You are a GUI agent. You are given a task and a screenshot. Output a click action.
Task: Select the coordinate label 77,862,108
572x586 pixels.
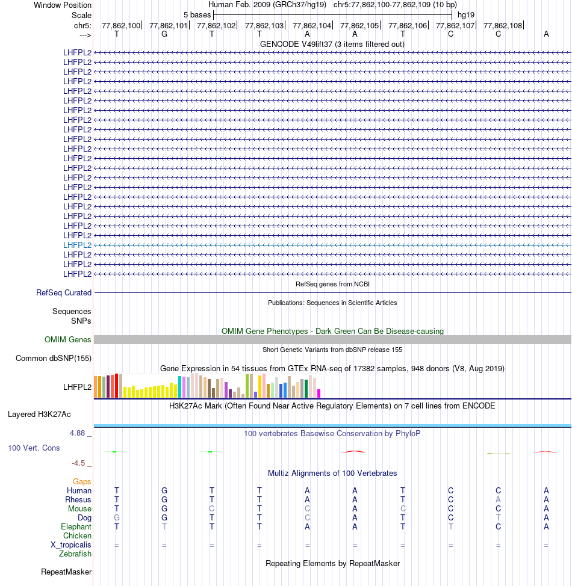[503, 26]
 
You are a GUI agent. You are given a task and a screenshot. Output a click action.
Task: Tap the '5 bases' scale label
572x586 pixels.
[197, 14]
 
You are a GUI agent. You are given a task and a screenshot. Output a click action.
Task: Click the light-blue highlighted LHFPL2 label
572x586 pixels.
[77, 245]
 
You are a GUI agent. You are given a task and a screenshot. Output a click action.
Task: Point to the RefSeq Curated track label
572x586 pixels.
[64, 293]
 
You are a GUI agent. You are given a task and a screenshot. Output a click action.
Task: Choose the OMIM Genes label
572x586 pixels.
[68, 340]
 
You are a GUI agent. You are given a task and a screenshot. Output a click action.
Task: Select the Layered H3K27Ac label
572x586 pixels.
[39, 415]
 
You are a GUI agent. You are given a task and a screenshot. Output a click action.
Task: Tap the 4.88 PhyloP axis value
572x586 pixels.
[80, 433]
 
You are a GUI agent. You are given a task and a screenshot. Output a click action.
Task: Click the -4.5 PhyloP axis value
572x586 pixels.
[81, 463]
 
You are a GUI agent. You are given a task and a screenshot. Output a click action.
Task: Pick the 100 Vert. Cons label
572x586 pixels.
[34, 448]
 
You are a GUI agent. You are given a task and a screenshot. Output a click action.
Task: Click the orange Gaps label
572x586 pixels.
[82, 481]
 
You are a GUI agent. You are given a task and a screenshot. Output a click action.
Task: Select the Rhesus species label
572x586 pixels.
[78, 499]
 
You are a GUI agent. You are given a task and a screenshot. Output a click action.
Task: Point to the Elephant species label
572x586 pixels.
[76, 526]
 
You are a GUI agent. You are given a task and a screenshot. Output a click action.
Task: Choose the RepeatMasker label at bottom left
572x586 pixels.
[66, 572]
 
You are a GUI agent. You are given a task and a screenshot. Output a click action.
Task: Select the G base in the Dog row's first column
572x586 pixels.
[117, 517]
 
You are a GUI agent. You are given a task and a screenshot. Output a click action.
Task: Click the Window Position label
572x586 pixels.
[63, 5]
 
